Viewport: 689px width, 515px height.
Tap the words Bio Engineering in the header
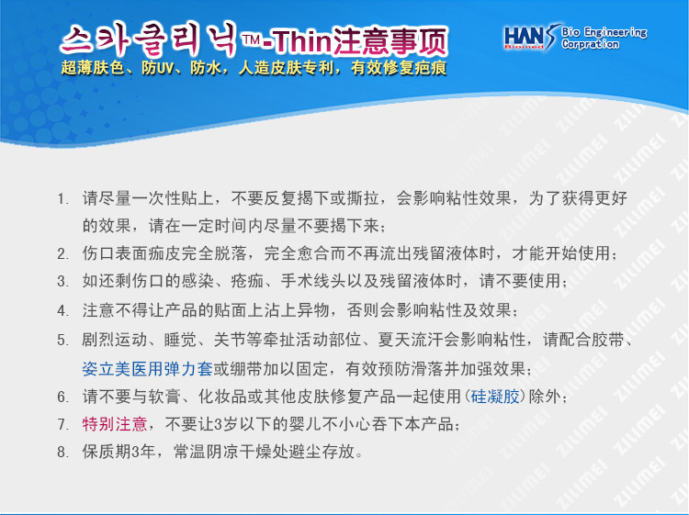(x=604, y=32)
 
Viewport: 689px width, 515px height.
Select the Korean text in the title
(x=149, y=40)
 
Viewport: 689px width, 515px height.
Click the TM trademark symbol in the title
(x=252, y=40)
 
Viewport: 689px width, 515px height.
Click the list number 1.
(x=62, y=199)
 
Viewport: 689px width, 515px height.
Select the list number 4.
(x=62, y=311)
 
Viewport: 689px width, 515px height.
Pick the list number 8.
(x=62, y=452)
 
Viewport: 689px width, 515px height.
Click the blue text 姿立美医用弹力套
(x=147, y=369)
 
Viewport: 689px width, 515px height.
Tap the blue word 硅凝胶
(x=495, y=397)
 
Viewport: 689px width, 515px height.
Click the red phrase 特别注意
(x=114, y=424)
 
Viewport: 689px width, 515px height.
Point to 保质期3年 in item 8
(x=119, y=452)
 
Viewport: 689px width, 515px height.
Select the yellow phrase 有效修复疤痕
(x=399, y=68)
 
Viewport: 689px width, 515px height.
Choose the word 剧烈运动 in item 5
(x=114, y=340)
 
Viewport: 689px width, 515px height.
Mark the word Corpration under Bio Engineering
(x=590, y=44)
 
